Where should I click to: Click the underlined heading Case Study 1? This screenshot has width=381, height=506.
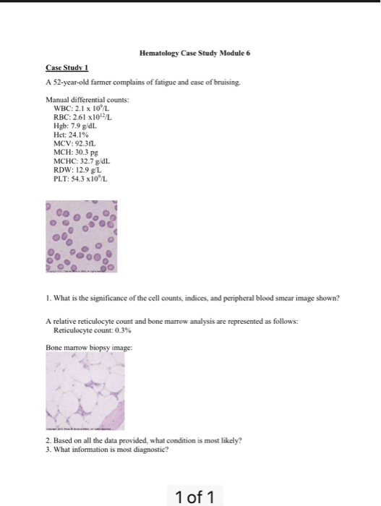pyautogui.click(x=64, y=67)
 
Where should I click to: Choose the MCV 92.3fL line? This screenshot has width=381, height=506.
pyautogui.click(x=72, y=141)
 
